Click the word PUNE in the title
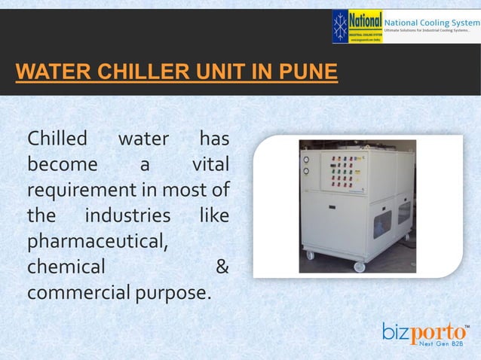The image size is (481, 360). [x=307, y=73]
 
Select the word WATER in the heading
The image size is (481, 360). [x=47, y=73]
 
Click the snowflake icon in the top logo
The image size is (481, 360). [x=341, y=25]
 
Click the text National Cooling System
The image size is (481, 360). [x=431, y=23]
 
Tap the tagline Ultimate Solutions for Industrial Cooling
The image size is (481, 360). [x=431, y=35]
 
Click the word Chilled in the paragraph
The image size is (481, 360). [x=57, y=139]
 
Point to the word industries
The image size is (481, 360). [x=127, y=216]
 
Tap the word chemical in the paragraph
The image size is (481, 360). [x=66, y=267]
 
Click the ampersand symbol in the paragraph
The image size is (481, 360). [x=222, y=267]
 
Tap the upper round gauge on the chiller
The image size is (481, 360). [x=305, y=160]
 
